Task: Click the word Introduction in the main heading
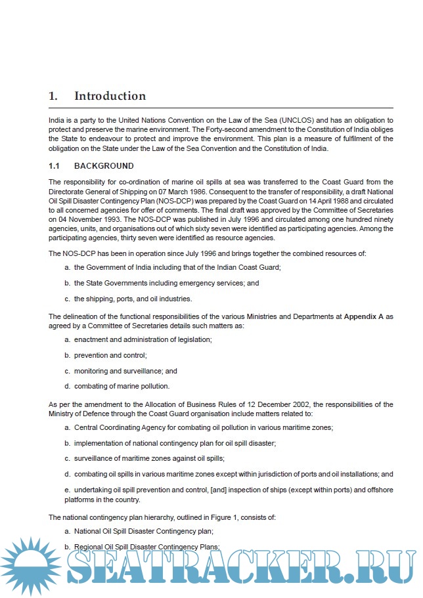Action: click(110, 96)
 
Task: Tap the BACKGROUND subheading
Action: click(104, 166)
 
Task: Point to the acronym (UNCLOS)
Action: click(296, 121)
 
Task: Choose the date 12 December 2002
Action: click(275, 404)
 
